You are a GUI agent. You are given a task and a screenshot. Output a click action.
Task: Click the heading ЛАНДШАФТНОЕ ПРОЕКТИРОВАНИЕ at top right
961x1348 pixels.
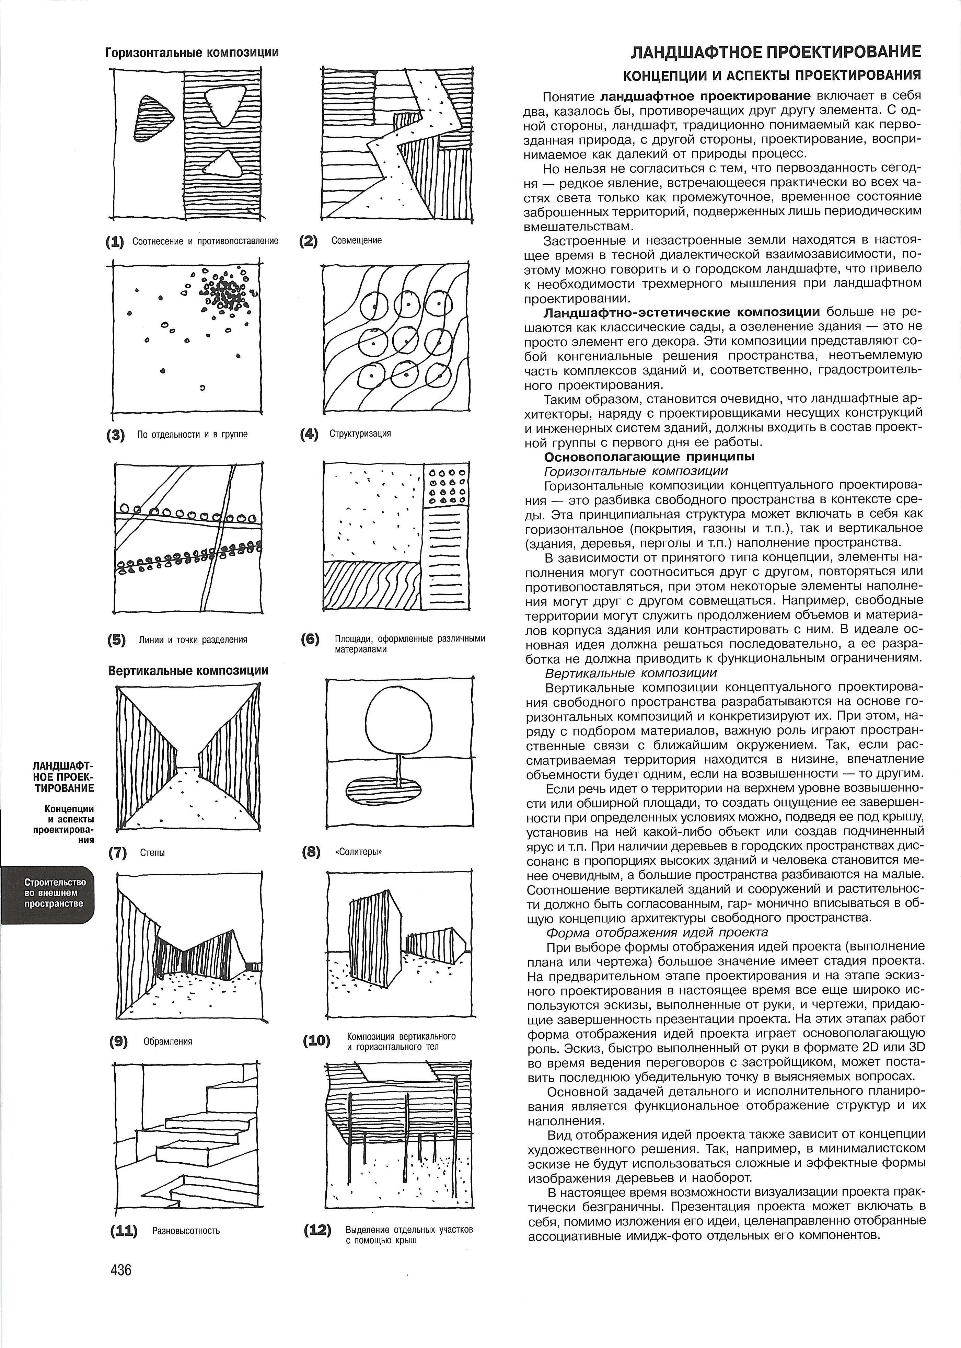(x=776, y=53)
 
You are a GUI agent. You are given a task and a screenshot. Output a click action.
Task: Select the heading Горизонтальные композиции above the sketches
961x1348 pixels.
(x=192, y=53)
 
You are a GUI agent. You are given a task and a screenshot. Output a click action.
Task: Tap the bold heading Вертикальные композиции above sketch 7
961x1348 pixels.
(x=188, y=670)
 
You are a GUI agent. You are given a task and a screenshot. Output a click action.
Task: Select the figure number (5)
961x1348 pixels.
(x=117, y=640)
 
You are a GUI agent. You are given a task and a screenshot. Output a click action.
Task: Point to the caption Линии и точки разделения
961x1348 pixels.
(x=193, y=640)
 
